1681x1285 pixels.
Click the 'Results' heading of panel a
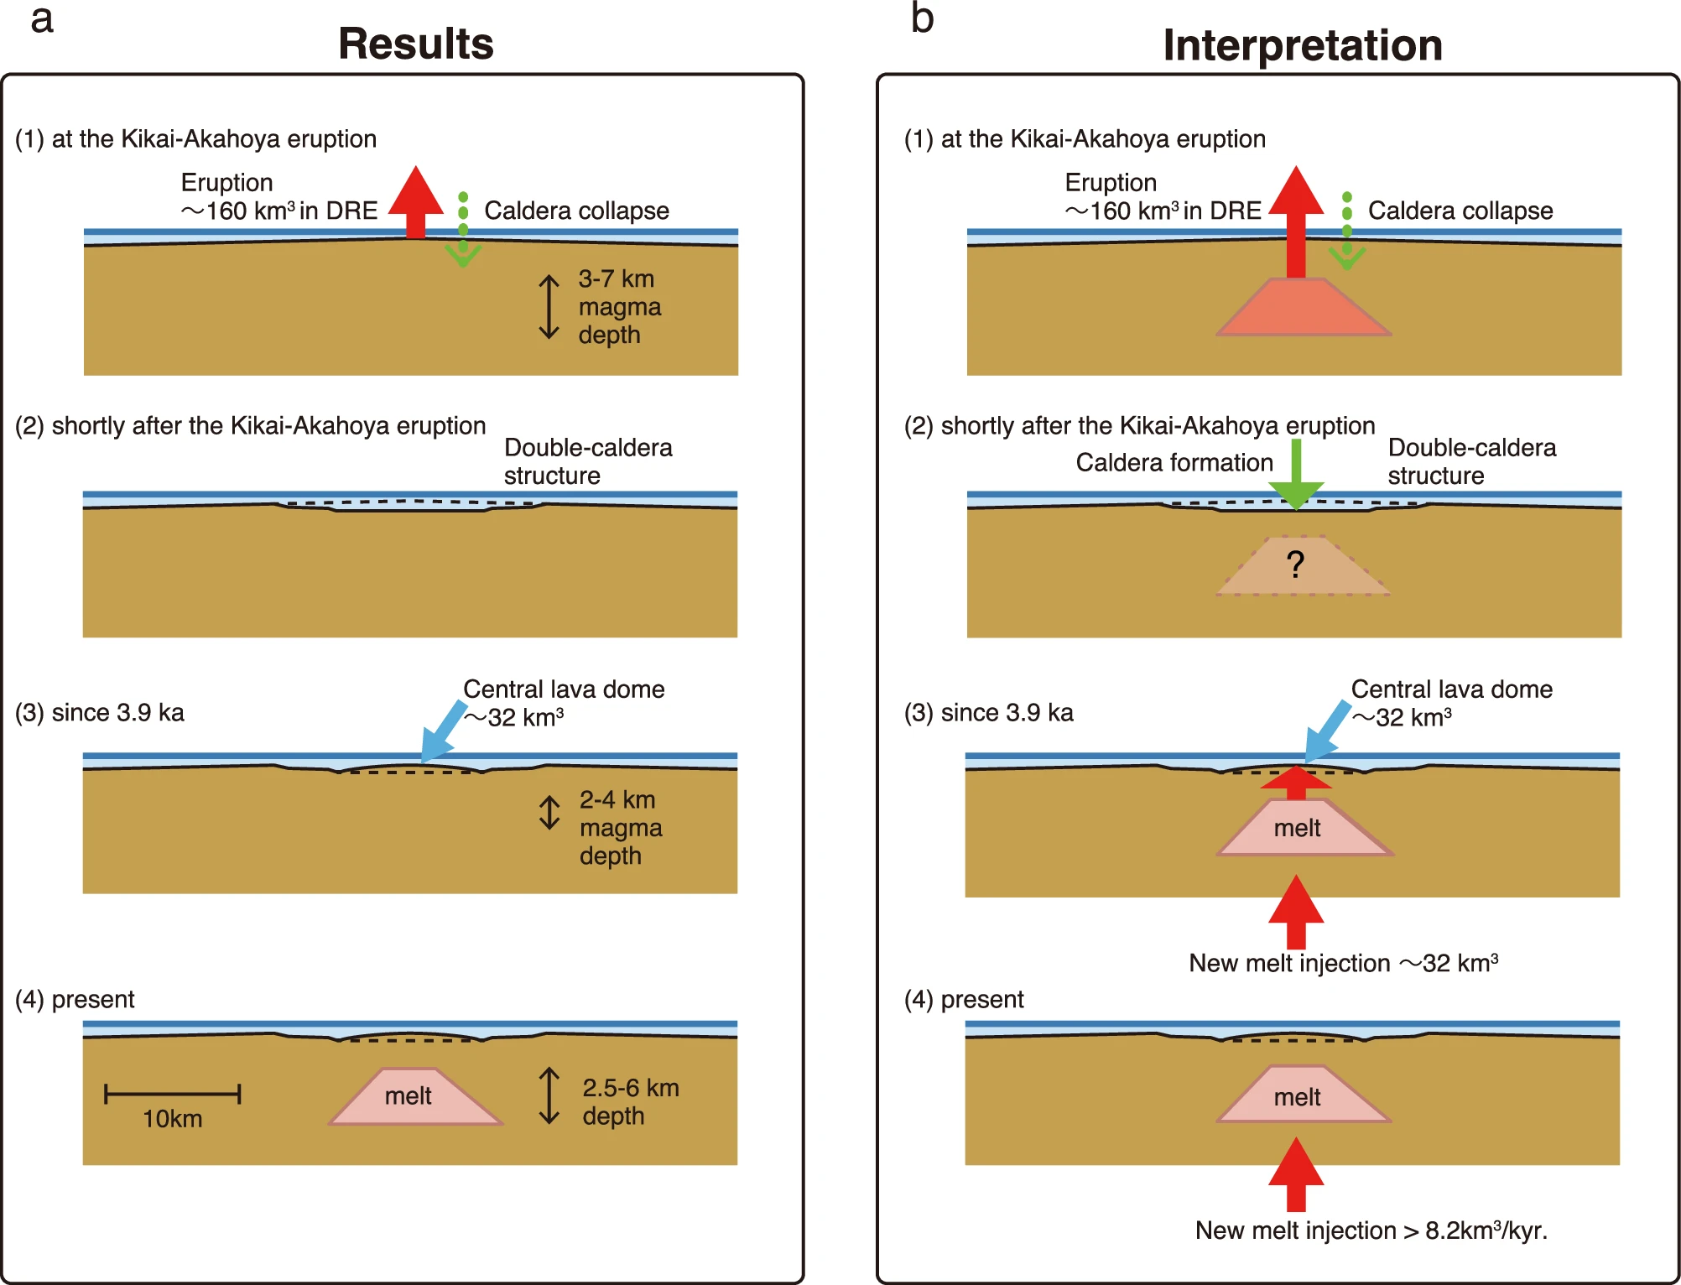click(x=416, y=44)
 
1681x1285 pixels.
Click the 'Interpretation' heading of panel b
click(x=1302, y=45)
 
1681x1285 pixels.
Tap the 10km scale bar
click(x=173, y=1094)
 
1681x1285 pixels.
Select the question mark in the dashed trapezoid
click(x=1295, y=564)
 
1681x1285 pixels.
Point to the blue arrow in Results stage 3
click(x=442, y=731)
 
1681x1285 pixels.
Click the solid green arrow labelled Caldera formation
click(x=1296, y=476)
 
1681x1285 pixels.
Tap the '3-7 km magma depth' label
click(x=619, y=306)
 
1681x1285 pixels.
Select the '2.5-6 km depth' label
click(x=630, y=1101)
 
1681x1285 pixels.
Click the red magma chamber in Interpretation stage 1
click(x=1303, y=309)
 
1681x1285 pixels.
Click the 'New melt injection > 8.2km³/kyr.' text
click(x=1371, y=1230)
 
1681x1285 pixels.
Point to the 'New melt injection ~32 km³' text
click(x=1343, y=963)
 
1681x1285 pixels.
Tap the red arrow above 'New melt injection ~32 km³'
click(x=1296, y=913)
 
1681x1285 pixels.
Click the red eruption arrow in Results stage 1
click(x=416, y=201)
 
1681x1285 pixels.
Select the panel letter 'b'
click(x=922, y=18)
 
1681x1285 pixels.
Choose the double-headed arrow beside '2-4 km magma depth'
click(x=549, y=813)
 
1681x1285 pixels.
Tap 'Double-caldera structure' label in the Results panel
click(x=587, y=461)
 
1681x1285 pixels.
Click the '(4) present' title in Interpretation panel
click(x=964, y=999)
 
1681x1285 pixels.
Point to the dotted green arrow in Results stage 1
click(x=463, y=231)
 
